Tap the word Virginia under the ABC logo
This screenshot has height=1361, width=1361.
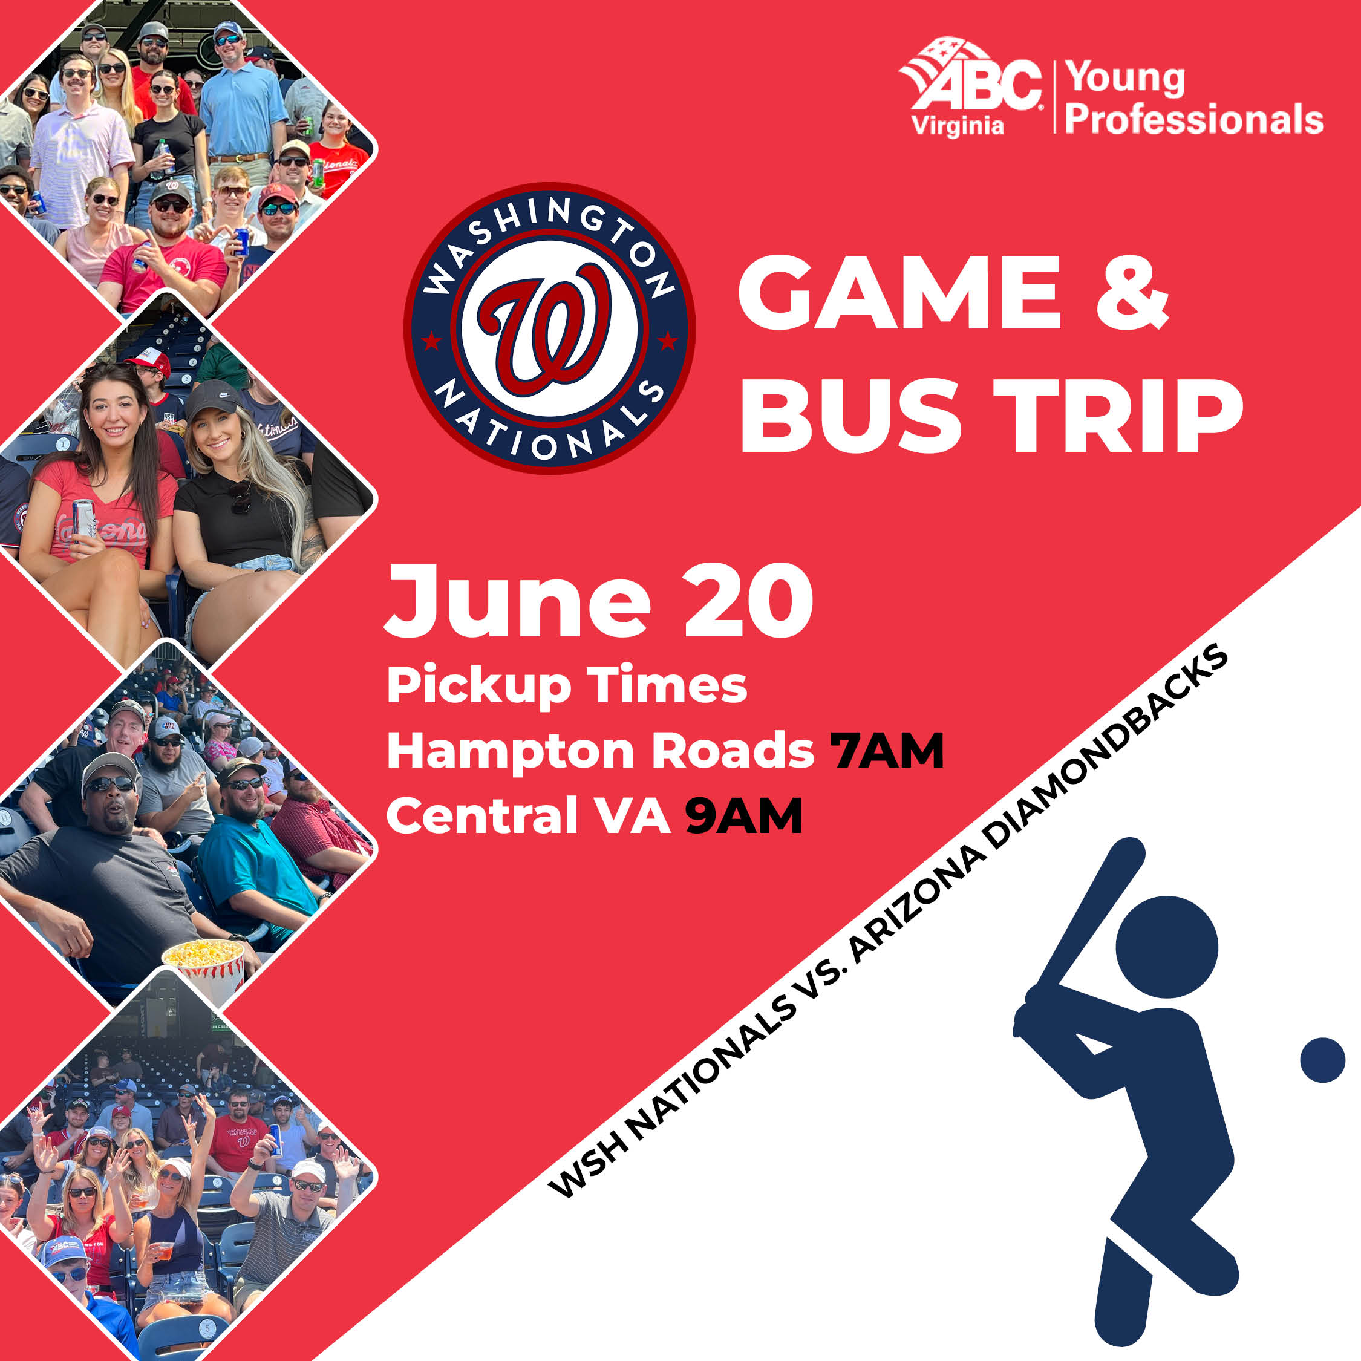(x=958, y=126)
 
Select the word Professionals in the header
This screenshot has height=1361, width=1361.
(x=1194, y=119)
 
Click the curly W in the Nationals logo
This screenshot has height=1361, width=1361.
(x=546, y=328)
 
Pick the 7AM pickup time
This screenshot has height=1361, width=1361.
(x=886, y=751)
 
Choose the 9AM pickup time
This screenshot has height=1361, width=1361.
(x=743, y=817)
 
